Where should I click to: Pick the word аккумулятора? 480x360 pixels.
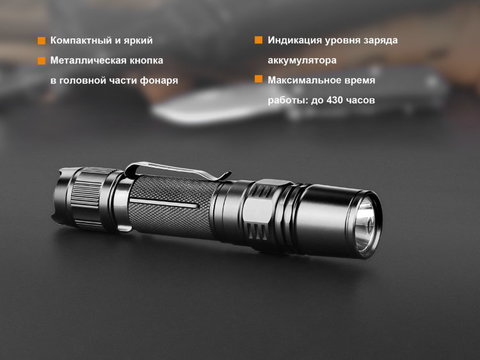[302, 61]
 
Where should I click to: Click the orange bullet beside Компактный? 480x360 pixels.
[41, 41]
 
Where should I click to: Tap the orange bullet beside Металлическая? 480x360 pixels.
[41, 61]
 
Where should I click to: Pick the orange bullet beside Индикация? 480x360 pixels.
[259, 40]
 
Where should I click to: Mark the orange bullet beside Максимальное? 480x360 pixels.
[259, 79]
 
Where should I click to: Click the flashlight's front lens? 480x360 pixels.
[365, 224]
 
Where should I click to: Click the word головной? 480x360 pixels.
[81, 81]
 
